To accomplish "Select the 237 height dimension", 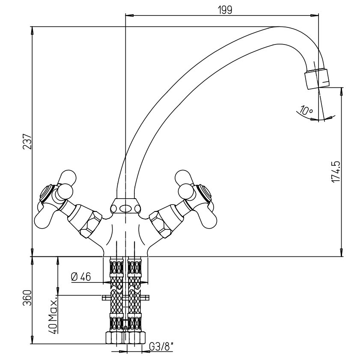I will [x=27, y=141].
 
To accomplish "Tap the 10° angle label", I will [x=306, y=110].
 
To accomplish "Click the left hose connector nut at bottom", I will [x=115, y=338].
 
